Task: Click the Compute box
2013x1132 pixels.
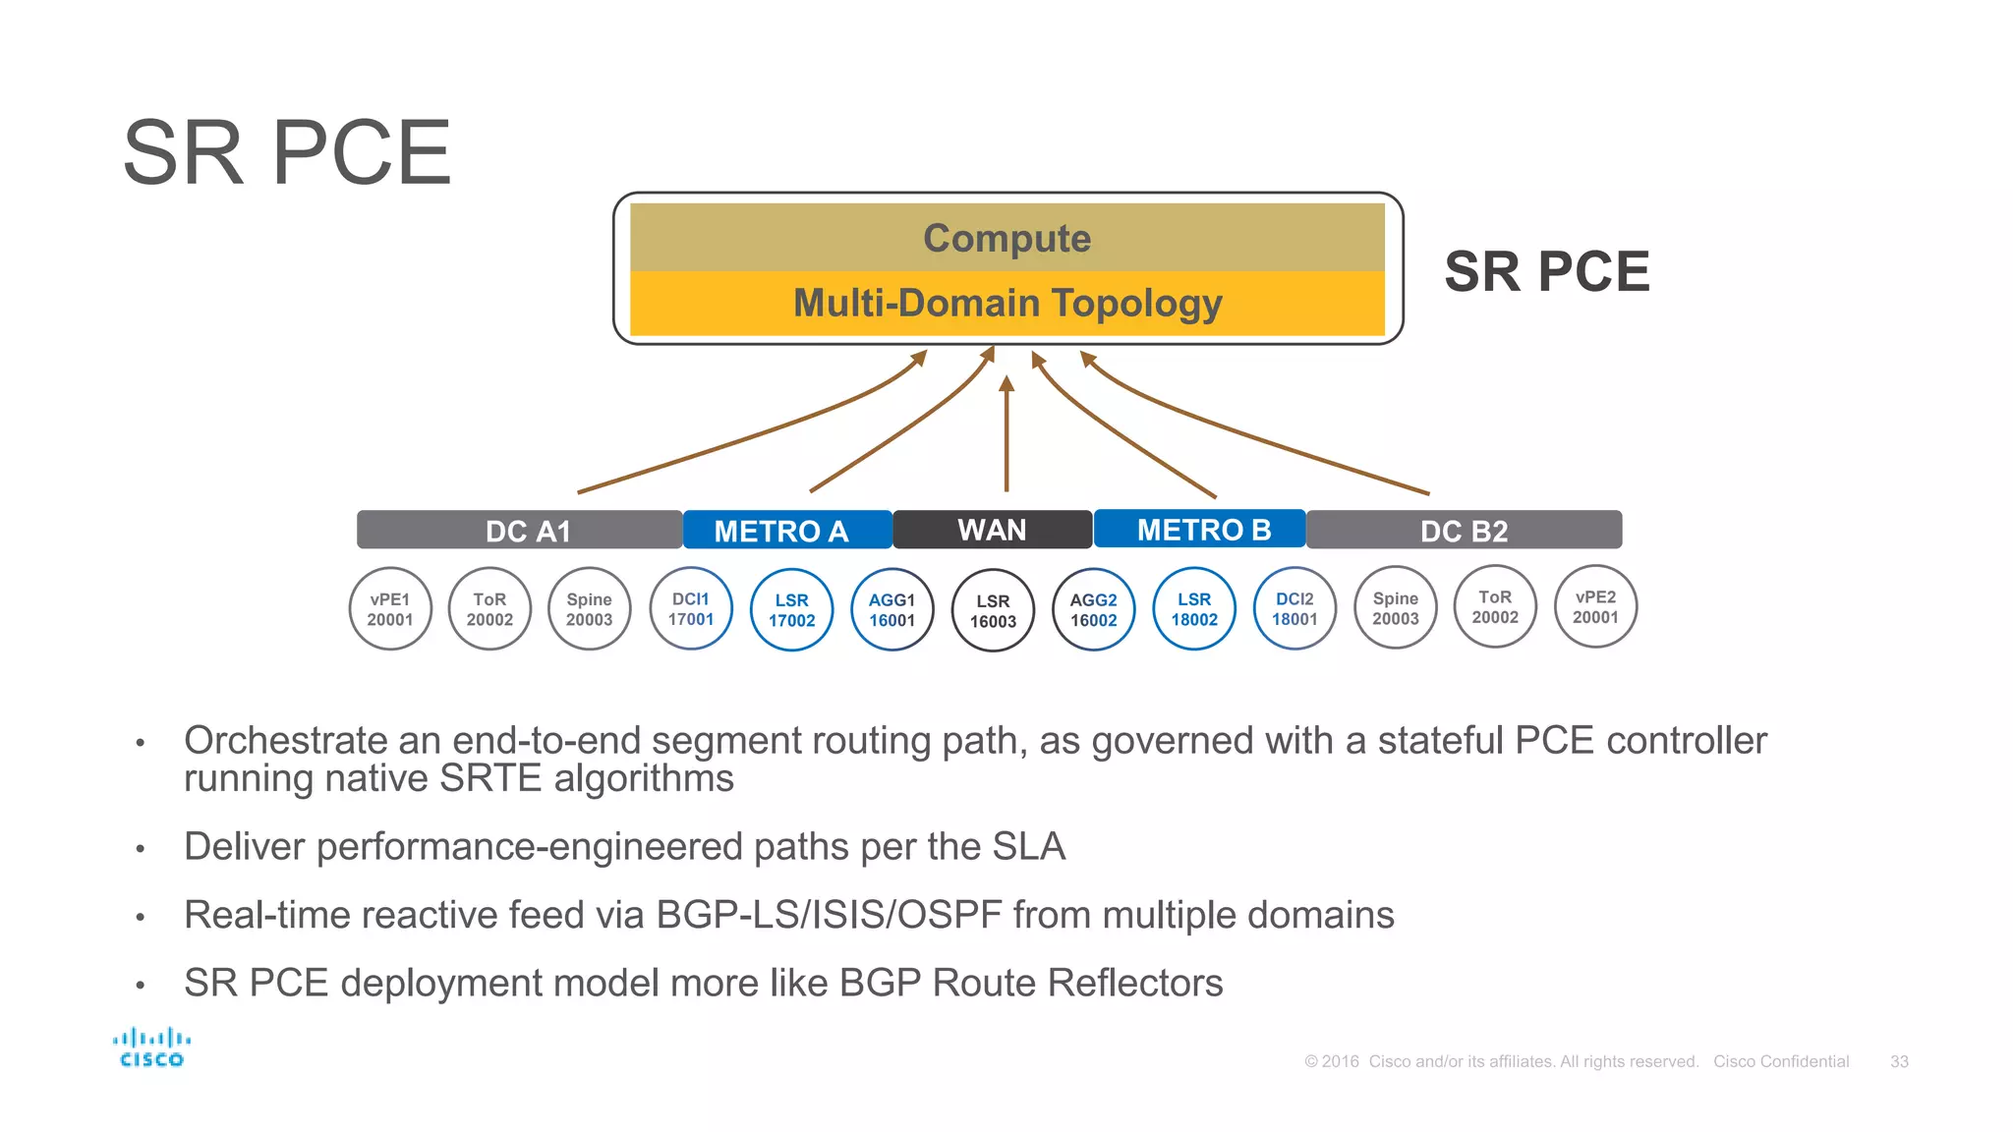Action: pyautogui.click(x=1006, y=238)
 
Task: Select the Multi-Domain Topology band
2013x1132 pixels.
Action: pyautogui.click(x=1006, y=303)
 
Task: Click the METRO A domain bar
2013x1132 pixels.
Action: pyautogui.click(x=786, y=531)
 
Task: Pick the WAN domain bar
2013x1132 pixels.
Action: pyautogui.click(x=992, y=530)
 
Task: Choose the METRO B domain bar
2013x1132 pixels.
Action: pyautogui.click(x=1200, y=530)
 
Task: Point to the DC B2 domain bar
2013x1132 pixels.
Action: pyautogui.click(x=1464, y=531)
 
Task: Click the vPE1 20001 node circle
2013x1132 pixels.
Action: pyautogui.click(x=390, y=609)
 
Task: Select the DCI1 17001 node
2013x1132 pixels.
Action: pyautogui.click(x=691, y=609)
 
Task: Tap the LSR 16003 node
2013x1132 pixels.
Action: pyautogui.click(x=993, y=610)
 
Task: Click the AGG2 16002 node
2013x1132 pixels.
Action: pyautogui.click(x=1093, y=610)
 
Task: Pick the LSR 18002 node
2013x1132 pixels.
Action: pyautogui.click(x=1194, y=609)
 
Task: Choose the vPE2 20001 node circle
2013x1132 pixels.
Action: pyautogui.click(x=1595, y=607)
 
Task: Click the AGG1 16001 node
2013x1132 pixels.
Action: pyautogui.click(x=891, y=610)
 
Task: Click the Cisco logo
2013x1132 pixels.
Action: pyautogui.click(x=151, y=1047)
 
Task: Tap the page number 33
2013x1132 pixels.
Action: pyautogui.click(x=1899, y=1061)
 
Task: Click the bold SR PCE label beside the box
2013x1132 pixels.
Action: pyautogui.click(x=1546, y=271)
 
